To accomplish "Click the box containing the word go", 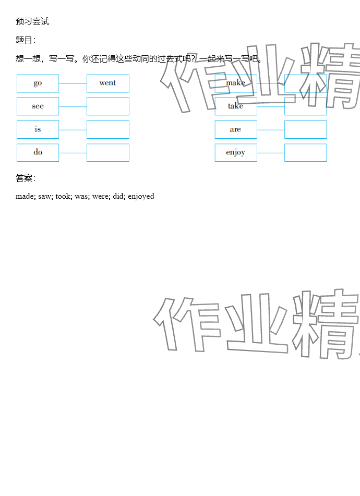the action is tap(38, 83).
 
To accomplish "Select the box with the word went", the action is tap(107, 83).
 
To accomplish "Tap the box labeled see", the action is tap(38, 106).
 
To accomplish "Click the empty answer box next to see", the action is tap(107, 106).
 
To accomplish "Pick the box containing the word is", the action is tap(38, 129).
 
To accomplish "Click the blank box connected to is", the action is tap(107, 129).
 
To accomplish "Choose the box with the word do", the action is tap(38, 152).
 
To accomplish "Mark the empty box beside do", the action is tap(107, 152).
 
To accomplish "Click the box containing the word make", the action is tap(236, 83).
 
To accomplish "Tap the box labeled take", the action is tap(236, 106).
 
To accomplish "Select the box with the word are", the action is tap(236, 129).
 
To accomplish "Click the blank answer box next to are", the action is tap(305, 129).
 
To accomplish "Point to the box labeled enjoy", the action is tap(236, 152).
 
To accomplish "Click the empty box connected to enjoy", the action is tap(305, 152).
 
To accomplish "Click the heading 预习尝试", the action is tap(32, 21).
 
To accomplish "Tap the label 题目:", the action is tap(26, 40).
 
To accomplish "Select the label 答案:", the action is tap(26, 178).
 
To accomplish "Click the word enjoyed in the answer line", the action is tap(141, 197).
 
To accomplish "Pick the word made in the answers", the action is tap(25, 197).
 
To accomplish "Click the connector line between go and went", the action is tap(73, 83).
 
